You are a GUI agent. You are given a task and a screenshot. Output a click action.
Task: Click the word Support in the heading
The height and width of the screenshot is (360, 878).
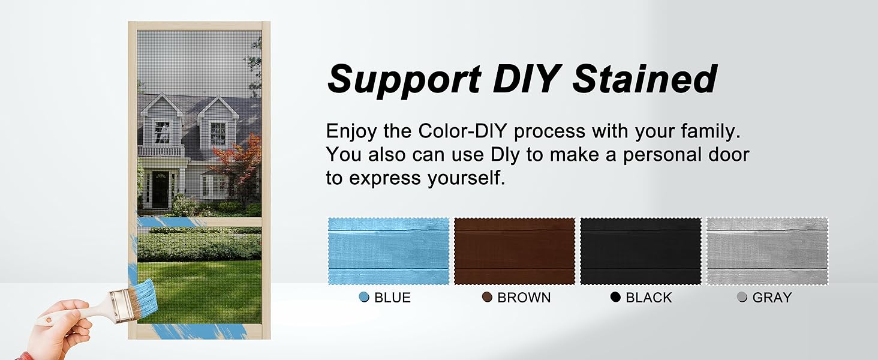404,80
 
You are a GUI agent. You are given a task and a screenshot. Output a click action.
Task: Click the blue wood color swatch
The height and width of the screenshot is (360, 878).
389,251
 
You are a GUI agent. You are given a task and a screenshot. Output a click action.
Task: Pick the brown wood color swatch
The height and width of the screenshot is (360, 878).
515,251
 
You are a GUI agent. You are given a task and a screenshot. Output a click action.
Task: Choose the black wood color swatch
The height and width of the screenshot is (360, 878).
641,251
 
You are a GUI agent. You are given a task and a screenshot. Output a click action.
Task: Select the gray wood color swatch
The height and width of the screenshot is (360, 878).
768,251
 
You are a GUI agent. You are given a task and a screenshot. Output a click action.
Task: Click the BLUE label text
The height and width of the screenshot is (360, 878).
392,298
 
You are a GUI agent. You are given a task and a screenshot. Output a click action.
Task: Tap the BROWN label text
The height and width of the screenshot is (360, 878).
524,298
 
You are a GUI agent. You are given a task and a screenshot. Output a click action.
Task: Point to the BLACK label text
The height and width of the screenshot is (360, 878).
649,298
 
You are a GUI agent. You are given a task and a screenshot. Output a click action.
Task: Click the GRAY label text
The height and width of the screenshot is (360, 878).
772,298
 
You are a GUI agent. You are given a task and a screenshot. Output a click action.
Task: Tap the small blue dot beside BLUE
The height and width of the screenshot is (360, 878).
364,297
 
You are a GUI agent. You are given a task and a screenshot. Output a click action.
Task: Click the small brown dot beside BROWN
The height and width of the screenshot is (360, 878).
487,297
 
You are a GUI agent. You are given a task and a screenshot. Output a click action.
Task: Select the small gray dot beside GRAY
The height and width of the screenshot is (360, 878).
742,297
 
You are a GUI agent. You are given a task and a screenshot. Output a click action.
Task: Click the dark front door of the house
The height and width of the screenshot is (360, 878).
160,190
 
